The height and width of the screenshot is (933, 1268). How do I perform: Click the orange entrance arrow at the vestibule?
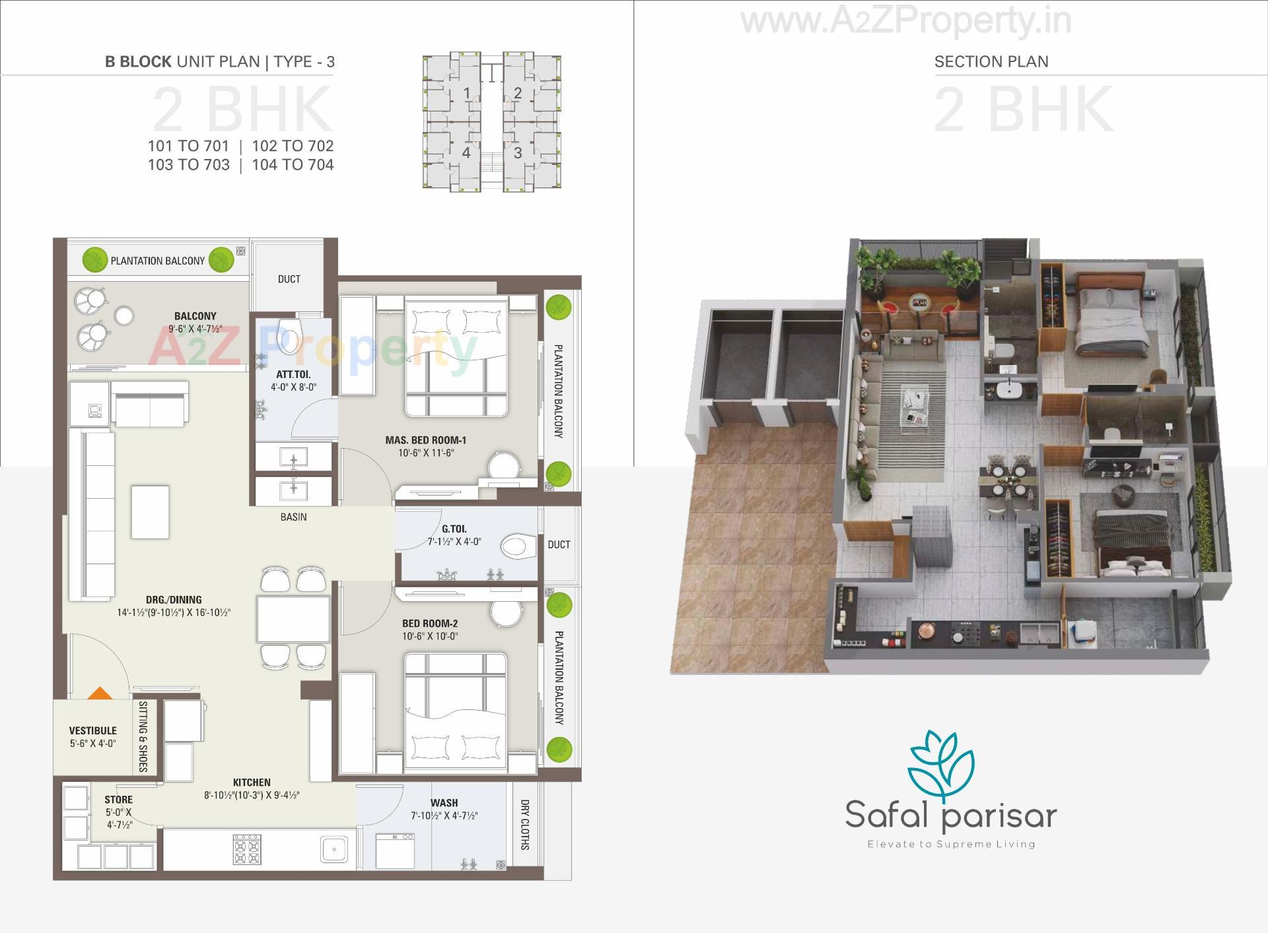pos(99,693)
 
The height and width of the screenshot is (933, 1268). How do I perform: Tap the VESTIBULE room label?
pos(92,730)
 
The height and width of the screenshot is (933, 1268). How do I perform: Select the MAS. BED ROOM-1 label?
pos(426,440)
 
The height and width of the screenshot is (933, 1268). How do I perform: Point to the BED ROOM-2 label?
pos(430,624)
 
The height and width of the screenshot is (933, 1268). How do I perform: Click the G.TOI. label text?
pos(454,529)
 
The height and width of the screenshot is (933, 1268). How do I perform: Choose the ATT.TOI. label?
pos(293,375)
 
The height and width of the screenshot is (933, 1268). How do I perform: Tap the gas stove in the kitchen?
pos(246,849)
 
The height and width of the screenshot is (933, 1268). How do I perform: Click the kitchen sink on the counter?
pos(334,849)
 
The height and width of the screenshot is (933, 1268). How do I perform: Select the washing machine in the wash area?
pos(395,851)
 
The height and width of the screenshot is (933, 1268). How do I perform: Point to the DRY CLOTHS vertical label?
pos(525,825)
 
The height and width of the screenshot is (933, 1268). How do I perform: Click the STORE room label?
pos(119,800)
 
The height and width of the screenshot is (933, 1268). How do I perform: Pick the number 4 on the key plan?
pos(466,153)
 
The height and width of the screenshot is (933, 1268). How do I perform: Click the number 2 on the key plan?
pos(518,94)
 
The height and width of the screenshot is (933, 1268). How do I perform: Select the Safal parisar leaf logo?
pos(941,765)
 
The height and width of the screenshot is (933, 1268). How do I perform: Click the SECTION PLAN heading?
pos(991,62)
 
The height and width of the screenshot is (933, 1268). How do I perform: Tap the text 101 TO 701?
pos(188,146)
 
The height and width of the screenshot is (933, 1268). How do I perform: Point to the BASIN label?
pos(293,517)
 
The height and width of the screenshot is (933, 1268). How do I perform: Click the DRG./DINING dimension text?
pos(174,613)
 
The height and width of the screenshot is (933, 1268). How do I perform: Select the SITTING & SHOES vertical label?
pos(143,736)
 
